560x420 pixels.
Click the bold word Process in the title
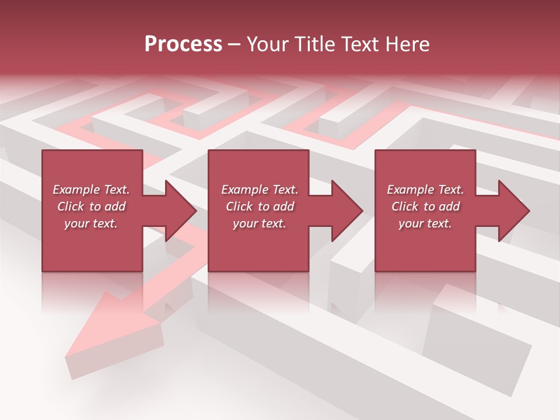(183, 44)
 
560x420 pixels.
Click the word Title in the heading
(316, 44)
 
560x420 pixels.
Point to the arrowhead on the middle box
(346, 211)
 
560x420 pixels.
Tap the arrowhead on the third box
(513, 211)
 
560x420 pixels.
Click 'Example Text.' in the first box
(92, 190)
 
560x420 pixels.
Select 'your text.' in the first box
(92, 223)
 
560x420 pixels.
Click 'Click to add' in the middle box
(260, 206)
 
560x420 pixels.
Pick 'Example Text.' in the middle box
(260, 190)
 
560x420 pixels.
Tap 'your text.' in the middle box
(260, 223)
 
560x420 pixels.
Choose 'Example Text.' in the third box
(425, 190)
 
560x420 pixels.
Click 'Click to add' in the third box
(425, 206)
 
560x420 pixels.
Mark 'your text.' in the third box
(425, 223)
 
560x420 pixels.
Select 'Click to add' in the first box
(92, 206)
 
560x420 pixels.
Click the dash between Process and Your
(235, 44)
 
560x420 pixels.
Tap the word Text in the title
(363, 44)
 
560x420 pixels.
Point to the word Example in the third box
(410, 190)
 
